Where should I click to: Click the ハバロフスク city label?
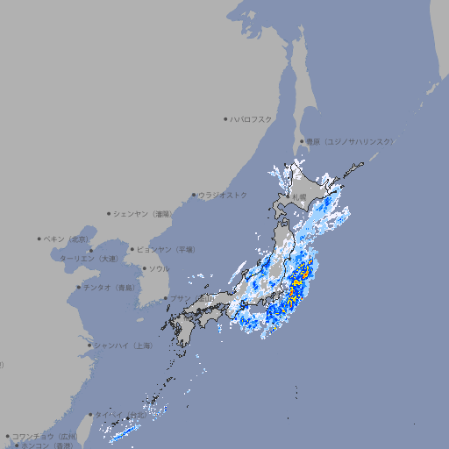[252, 118]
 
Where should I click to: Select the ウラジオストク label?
[223, 195]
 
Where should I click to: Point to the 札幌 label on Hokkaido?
[298, 197]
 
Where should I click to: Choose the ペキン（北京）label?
[67, 239]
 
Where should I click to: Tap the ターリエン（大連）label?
[89, 259]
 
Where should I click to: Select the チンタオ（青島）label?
[109, 287]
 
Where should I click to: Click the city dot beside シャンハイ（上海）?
[89, 345]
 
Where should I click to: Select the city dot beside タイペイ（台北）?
[89, 415]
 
